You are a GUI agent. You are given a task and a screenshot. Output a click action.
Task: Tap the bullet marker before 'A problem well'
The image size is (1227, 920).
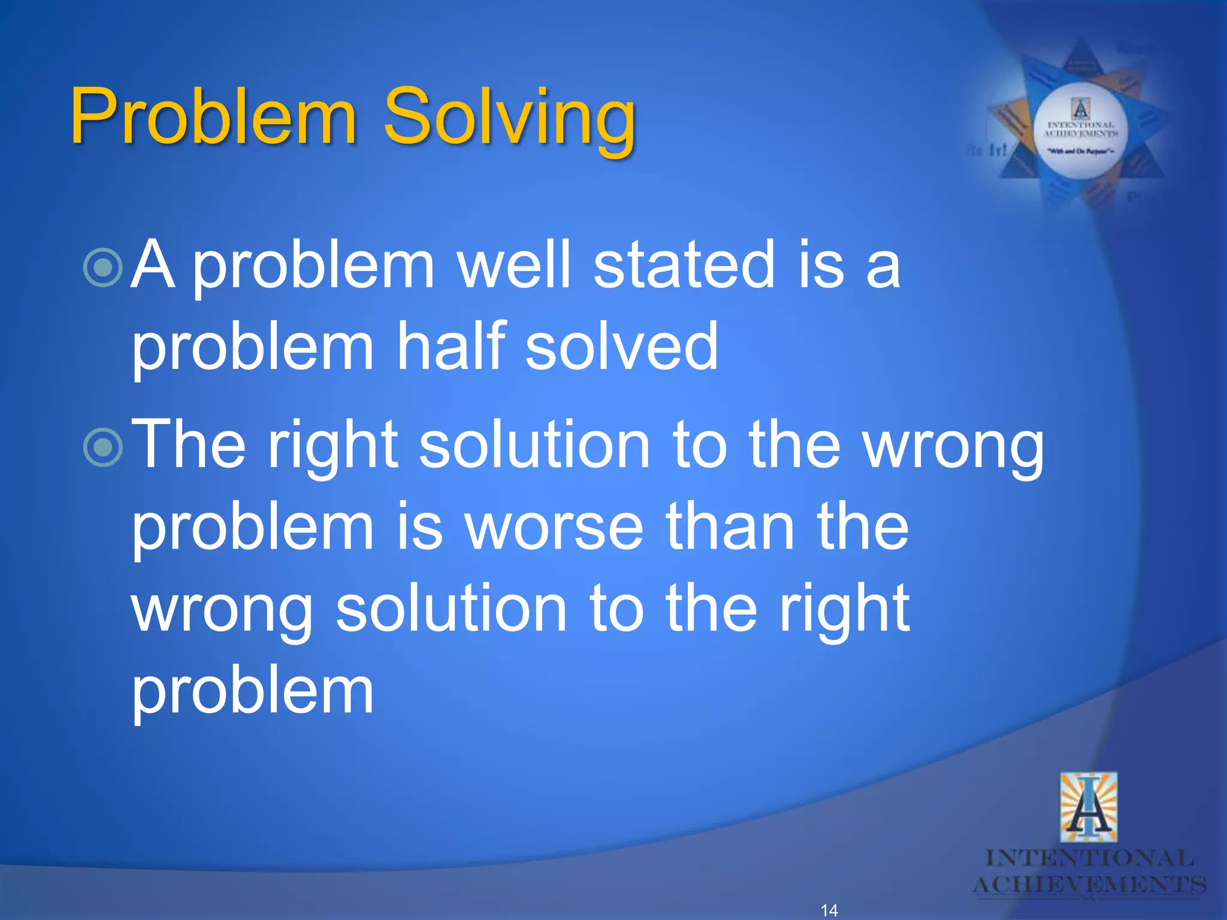pos(103,267)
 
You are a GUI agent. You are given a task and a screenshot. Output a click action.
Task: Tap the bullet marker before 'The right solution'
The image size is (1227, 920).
pos(103,447)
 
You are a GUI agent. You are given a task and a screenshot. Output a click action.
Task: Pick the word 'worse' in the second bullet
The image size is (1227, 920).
pos(555,526)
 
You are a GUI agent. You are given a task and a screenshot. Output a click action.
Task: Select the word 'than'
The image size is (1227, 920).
pos(730,526)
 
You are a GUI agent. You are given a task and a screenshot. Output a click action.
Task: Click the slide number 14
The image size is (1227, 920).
pos(829,910)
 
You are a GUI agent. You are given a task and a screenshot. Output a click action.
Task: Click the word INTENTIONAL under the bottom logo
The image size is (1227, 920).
pos(1089,858)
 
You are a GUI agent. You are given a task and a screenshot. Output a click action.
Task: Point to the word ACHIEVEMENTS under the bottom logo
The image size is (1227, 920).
pos(1089,884)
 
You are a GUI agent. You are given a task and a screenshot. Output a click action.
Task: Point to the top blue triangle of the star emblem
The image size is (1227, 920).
pos(1081,63)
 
